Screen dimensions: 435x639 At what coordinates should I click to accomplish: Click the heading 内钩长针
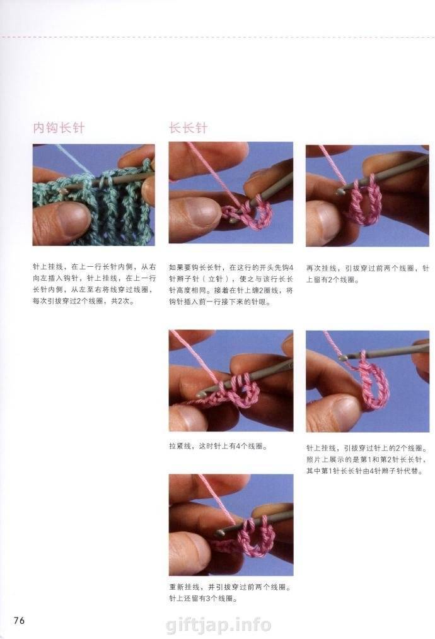pos(59,128)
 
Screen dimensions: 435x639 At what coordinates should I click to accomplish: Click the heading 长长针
pos(188,128)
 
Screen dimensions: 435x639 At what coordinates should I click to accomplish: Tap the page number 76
pos(19,620)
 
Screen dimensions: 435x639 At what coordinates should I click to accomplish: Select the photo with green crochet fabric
pos(94,195)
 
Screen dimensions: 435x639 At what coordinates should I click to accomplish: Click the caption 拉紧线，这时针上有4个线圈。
pos(218,446)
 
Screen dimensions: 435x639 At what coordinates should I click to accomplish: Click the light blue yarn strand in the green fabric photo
pos(76,159)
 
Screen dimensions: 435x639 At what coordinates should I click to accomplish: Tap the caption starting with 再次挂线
pos(368,274)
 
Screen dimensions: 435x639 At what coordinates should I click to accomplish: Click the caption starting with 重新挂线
pos(231,593)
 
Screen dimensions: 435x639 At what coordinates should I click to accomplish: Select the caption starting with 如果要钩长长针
pos(231,285)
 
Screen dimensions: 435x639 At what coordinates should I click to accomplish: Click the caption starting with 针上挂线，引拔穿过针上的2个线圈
pos(368,460)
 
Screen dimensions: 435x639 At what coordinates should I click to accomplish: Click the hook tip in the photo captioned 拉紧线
pos(200,395)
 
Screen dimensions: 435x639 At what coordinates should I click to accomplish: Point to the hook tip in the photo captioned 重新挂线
pos(219,532)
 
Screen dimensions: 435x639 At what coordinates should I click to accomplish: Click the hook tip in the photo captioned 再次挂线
pos(339,191)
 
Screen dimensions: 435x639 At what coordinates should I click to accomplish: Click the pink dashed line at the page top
pos(217,37)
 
